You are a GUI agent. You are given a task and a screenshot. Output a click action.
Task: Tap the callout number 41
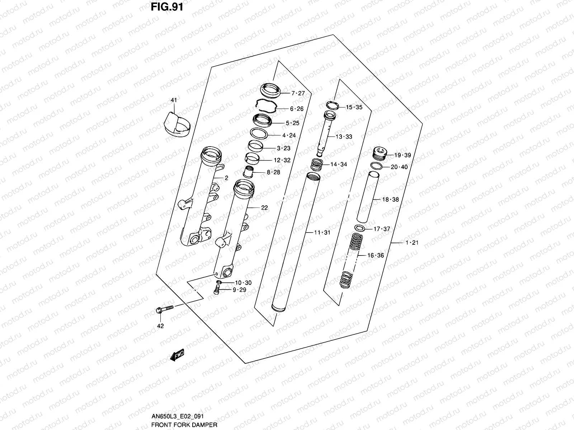pos(174,100)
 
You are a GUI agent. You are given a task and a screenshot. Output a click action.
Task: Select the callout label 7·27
pos(297,94)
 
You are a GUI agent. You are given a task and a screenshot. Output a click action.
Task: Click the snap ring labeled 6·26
pos(266,106)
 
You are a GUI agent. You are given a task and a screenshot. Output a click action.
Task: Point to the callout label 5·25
pos(292,123)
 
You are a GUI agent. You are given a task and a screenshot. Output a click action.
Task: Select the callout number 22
pos(264,208)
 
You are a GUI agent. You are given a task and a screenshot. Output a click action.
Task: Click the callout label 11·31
pos(322,233)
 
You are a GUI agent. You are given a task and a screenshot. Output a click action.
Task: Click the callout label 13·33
pos(344,137)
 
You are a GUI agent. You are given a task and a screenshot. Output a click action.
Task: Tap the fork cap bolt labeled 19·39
pos(379,154)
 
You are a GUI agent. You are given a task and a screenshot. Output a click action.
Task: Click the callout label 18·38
pos(390,200)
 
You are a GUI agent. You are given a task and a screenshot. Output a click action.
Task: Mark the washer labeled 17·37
pos(360,228)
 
